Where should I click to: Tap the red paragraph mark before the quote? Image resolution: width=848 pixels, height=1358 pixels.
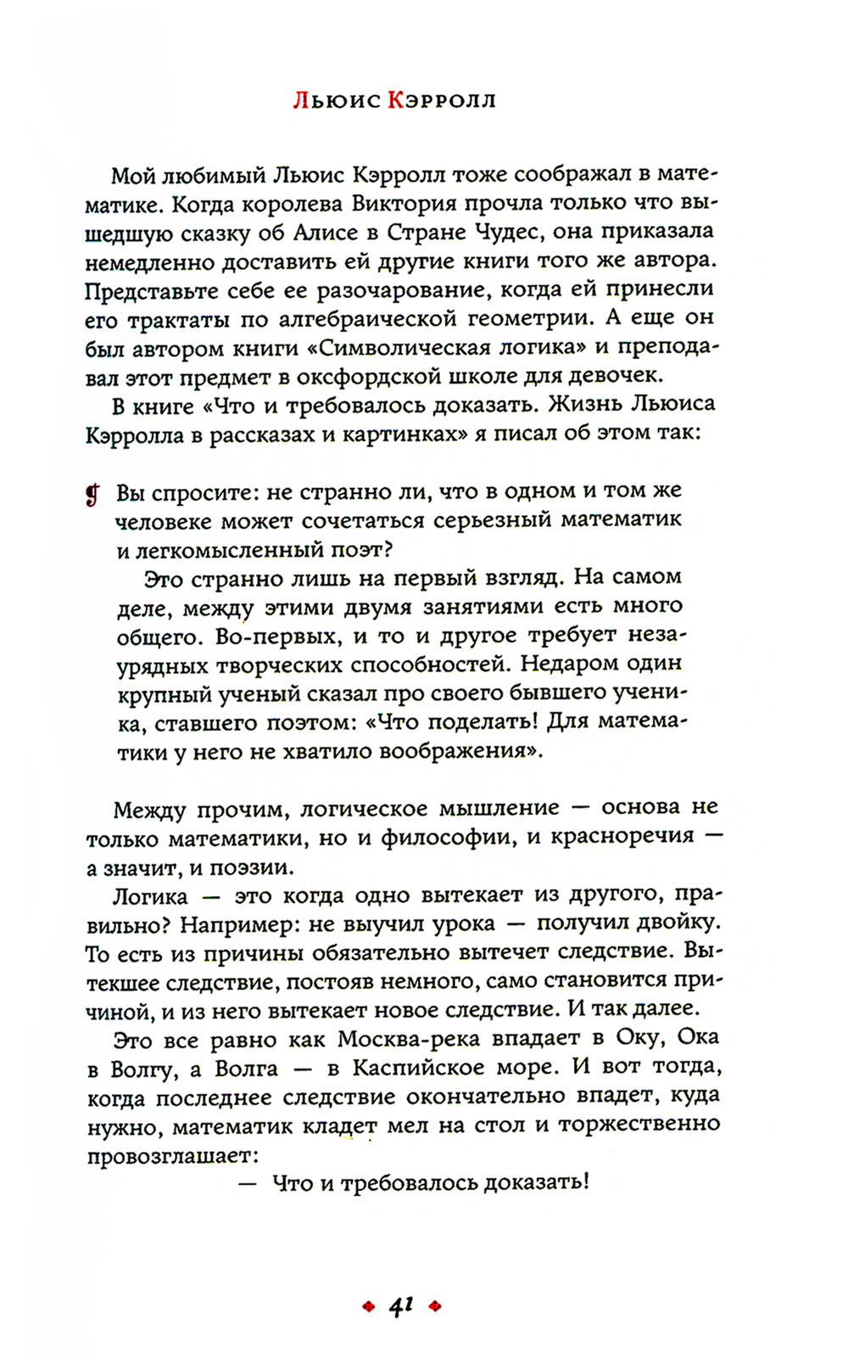(92, 494)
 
